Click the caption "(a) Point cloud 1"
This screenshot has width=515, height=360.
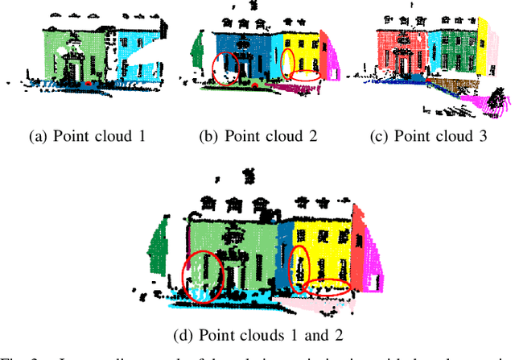tap(87, 136)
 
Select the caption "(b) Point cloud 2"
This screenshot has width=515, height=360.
tap(257, 136)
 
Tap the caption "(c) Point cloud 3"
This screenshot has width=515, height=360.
tap(428, 136)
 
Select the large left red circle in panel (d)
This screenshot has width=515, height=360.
tap(201, 275)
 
